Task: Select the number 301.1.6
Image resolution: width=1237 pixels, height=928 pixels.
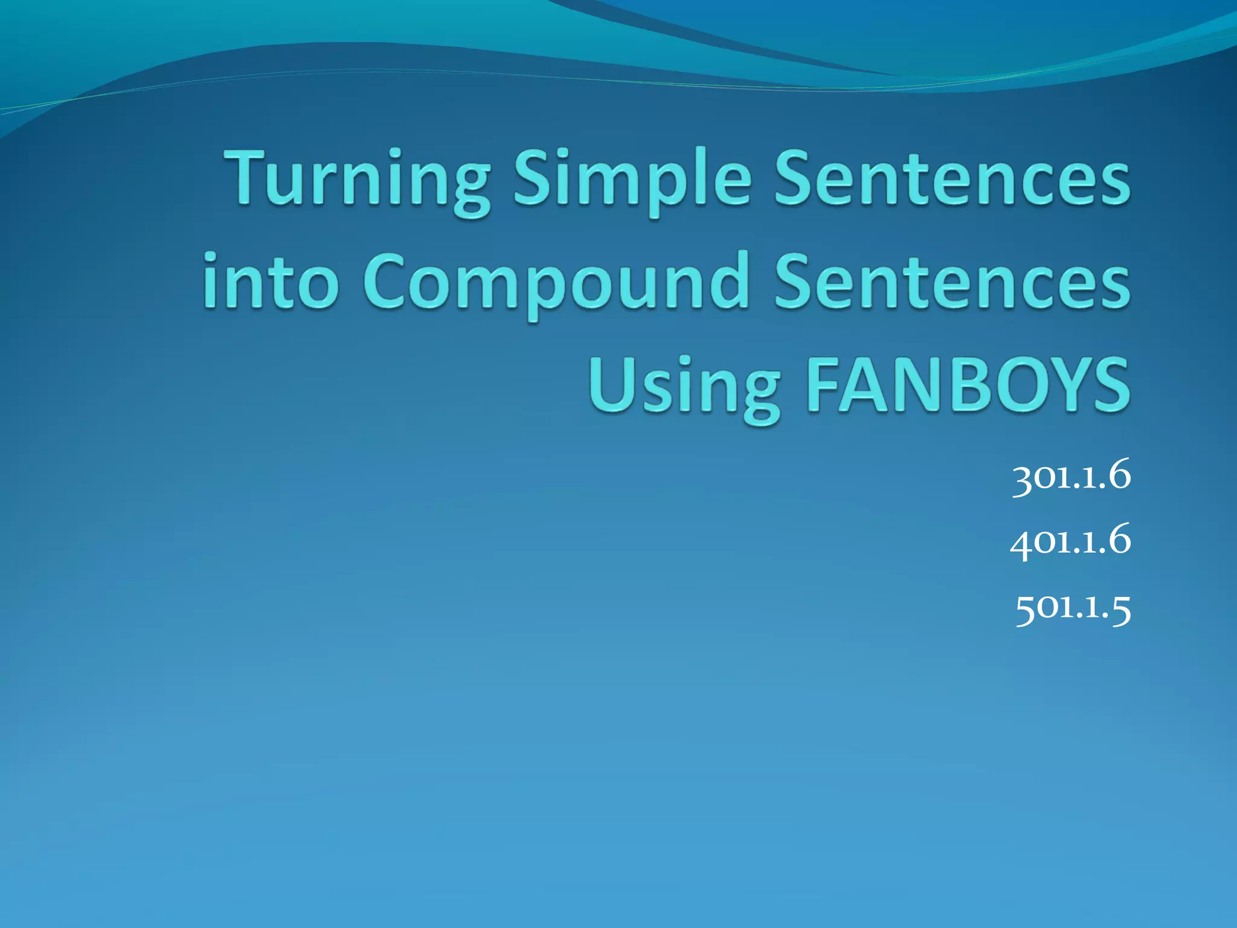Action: click(x=1071, y=477)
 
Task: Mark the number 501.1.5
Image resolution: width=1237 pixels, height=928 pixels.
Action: click(x=1073, y=607)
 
